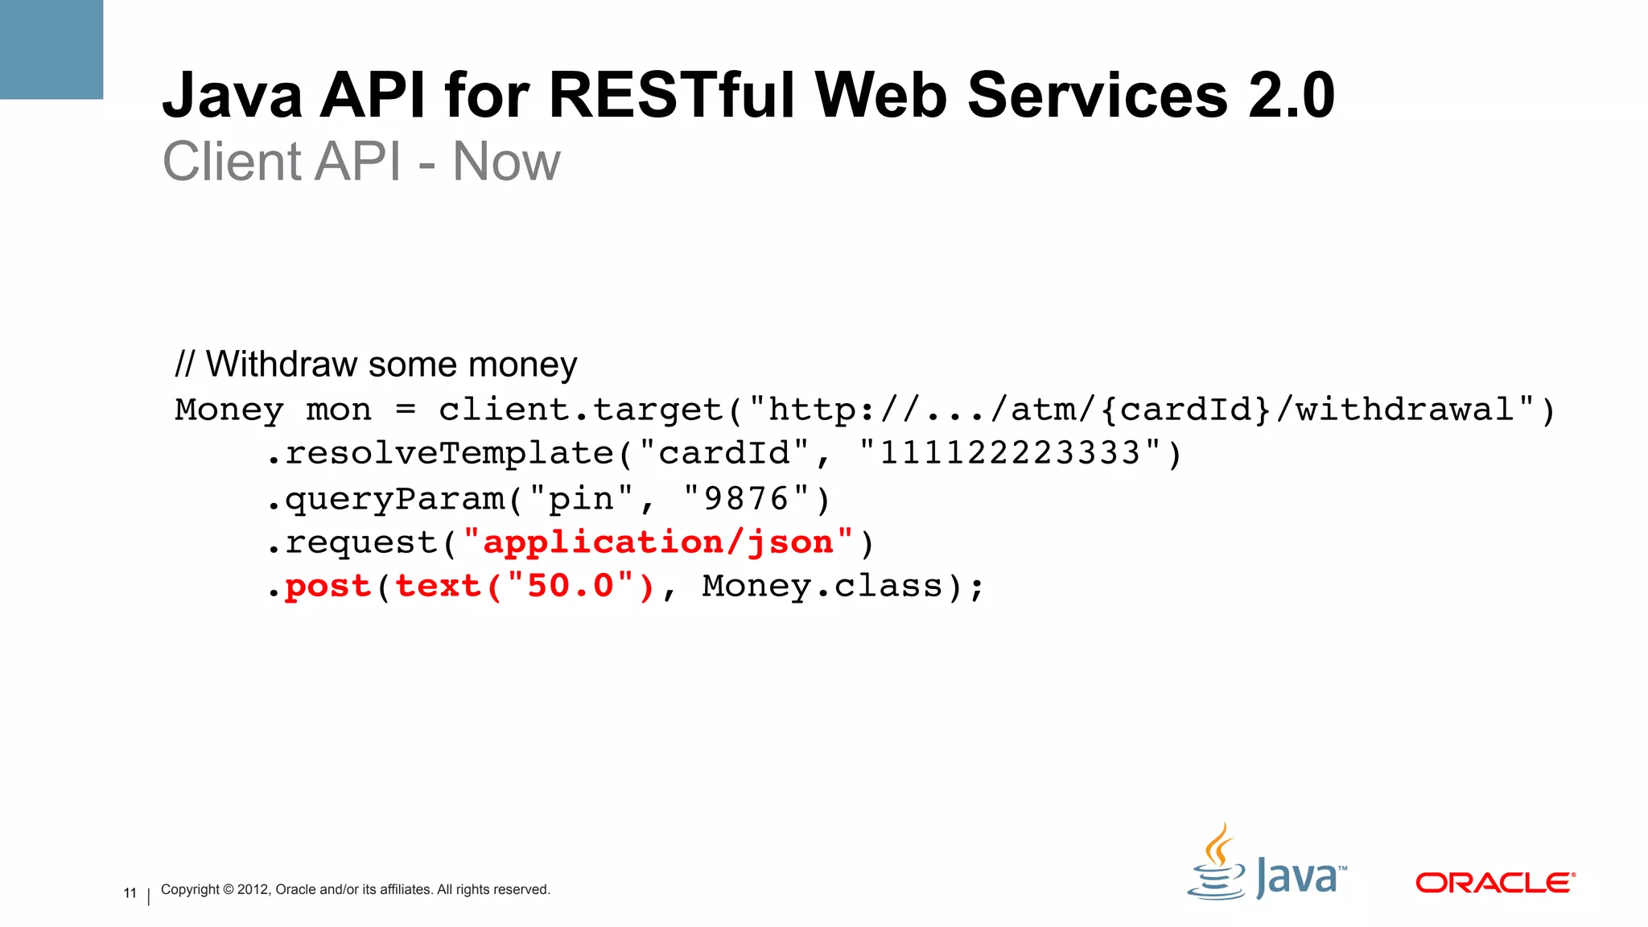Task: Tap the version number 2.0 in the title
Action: pyautogui.click(x=1292, y=96)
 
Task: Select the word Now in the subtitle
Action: pyautogui.click(x=506, y=162)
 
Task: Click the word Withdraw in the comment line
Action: pyautogui.click(x=281, y=365)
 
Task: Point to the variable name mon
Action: pyautogui.click(x=339, y=410)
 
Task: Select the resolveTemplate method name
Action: pyautogui.click(x=450, y=454)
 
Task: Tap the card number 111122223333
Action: pyautogui.click(x=1010, y=454)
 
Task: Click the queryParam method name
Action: pyautogui.click(x=395, y=499)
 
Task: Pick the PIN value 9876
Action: pyautogui.click(x=746, y=499)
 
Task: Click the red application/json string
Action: pyautogui.click(x=658, y=543)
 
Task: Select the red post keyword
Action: pyautogui.click(x=328, y=587)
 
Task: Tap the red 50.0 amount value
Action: pyautogui.click(x=571, y=587)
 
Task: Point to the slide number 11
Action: pyautogui.click(x=130, y=893)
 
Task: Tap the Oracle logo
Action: pyautogui.click(x=1494, y=883)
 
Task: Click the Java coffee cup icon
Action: pyautogui.click(x=1217, y=863)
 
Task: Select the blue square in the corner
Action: pyautogui.click(x=51, y=49)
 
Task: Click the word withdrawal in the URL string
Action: pyautogui.click(x=1405, y=410)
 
